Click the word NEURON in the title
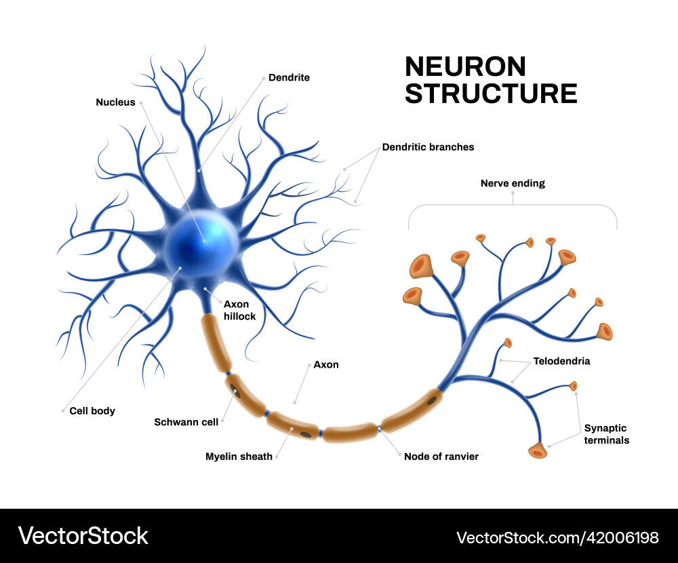pyautogui.click(x=465, y=66)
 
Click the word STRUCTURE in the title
pyautogui.click(x=491, y=94)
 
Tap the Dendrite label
pyautogui.click(x=289, y=77)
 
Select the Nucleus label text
pyautogui.click(x=115, y=102)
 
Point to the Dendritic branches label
pyautogui.click(x=428, y=147)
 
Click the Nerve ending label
pyautogui.click(x=513, y=183)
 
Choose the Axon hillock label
pyautogui.click(x=241, y=310)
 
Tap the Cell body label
pyautogui.click(x=92, y=410)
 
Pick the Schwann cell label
pyautogui.click(x=186, y=422)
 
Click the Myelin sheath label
pyautogui.click(x=239, y=457)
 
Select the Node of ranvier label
pyautogui.click(x=441, y=457)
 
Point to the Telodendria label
pyautogui.click(x=561, y=361)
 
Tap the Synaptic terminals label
pyautogui.click(x=607, y=434)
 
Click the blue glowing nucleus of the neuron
pyautogui.click(x=203, y=239)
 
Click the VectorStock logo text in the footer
pyautogui.click(x=83, y=536)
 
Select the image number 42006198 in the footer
pyautogui.click(x=616, y=538)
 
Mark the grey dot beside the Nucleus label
pyautogui.click(x=141, y=103)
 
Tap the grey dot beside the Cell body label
pyautogui.click(x=63, y=410)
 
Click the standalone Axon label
pyautogui.click(x=325, y=365)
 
